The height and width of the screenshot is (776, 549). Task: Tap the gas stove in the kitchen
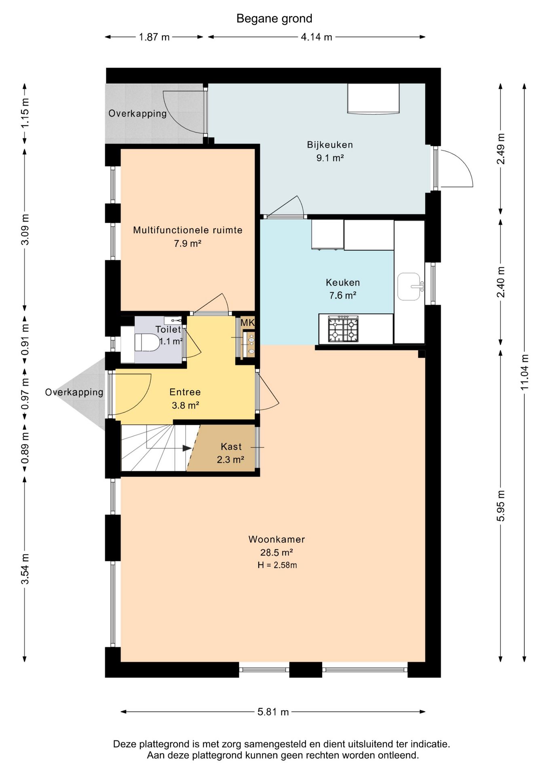click(x=343, y=329)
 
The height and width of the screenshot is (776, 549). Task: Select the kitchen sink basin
click(x=409, y=287)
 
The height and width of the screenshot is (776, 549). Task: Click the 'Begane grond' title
click(x=274, y=19)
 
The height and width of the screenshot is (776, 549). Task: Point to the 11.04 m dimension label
click(x=524, y=372)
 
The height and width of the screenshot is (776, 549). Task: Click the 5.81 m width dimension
click(x=273, y=712)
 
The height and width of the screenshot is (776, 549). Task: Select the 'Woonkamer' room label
click(x=277, y=539)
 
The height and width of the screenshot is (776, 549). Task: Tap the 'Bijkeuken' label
click(x=330, y=145)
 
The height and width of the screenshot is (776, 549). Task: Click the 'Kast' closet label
click(x=231, y=447)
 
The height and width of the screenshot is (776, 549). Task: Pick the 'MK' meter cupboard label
click(x=247, y=323)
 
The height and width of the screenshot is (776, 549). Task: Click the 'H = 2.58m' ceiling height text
click(x=277, y=565)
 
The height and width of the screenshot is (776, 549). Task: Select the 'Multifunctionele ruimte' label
click(x=188, y=230)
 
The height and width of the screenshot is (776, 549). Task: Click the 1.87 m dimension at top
click(x=154, y=37)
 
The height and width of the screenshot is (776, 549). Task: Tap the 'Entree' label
click(x=185, y=392)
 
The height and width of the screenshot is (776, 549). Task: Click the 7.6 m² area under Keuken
click(x=343, y=295)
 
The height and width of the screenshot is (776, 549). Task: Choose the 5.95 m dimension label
click(x=501, y=506)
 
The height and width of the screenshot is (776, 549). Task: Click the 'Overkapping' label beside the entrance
click(x=74, y=392)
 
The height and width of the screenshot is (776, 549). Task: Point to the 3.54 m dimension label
click(x=25, y=569)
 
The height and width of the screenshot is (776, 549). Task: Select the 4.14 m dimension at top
click(x=317, y=37)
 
